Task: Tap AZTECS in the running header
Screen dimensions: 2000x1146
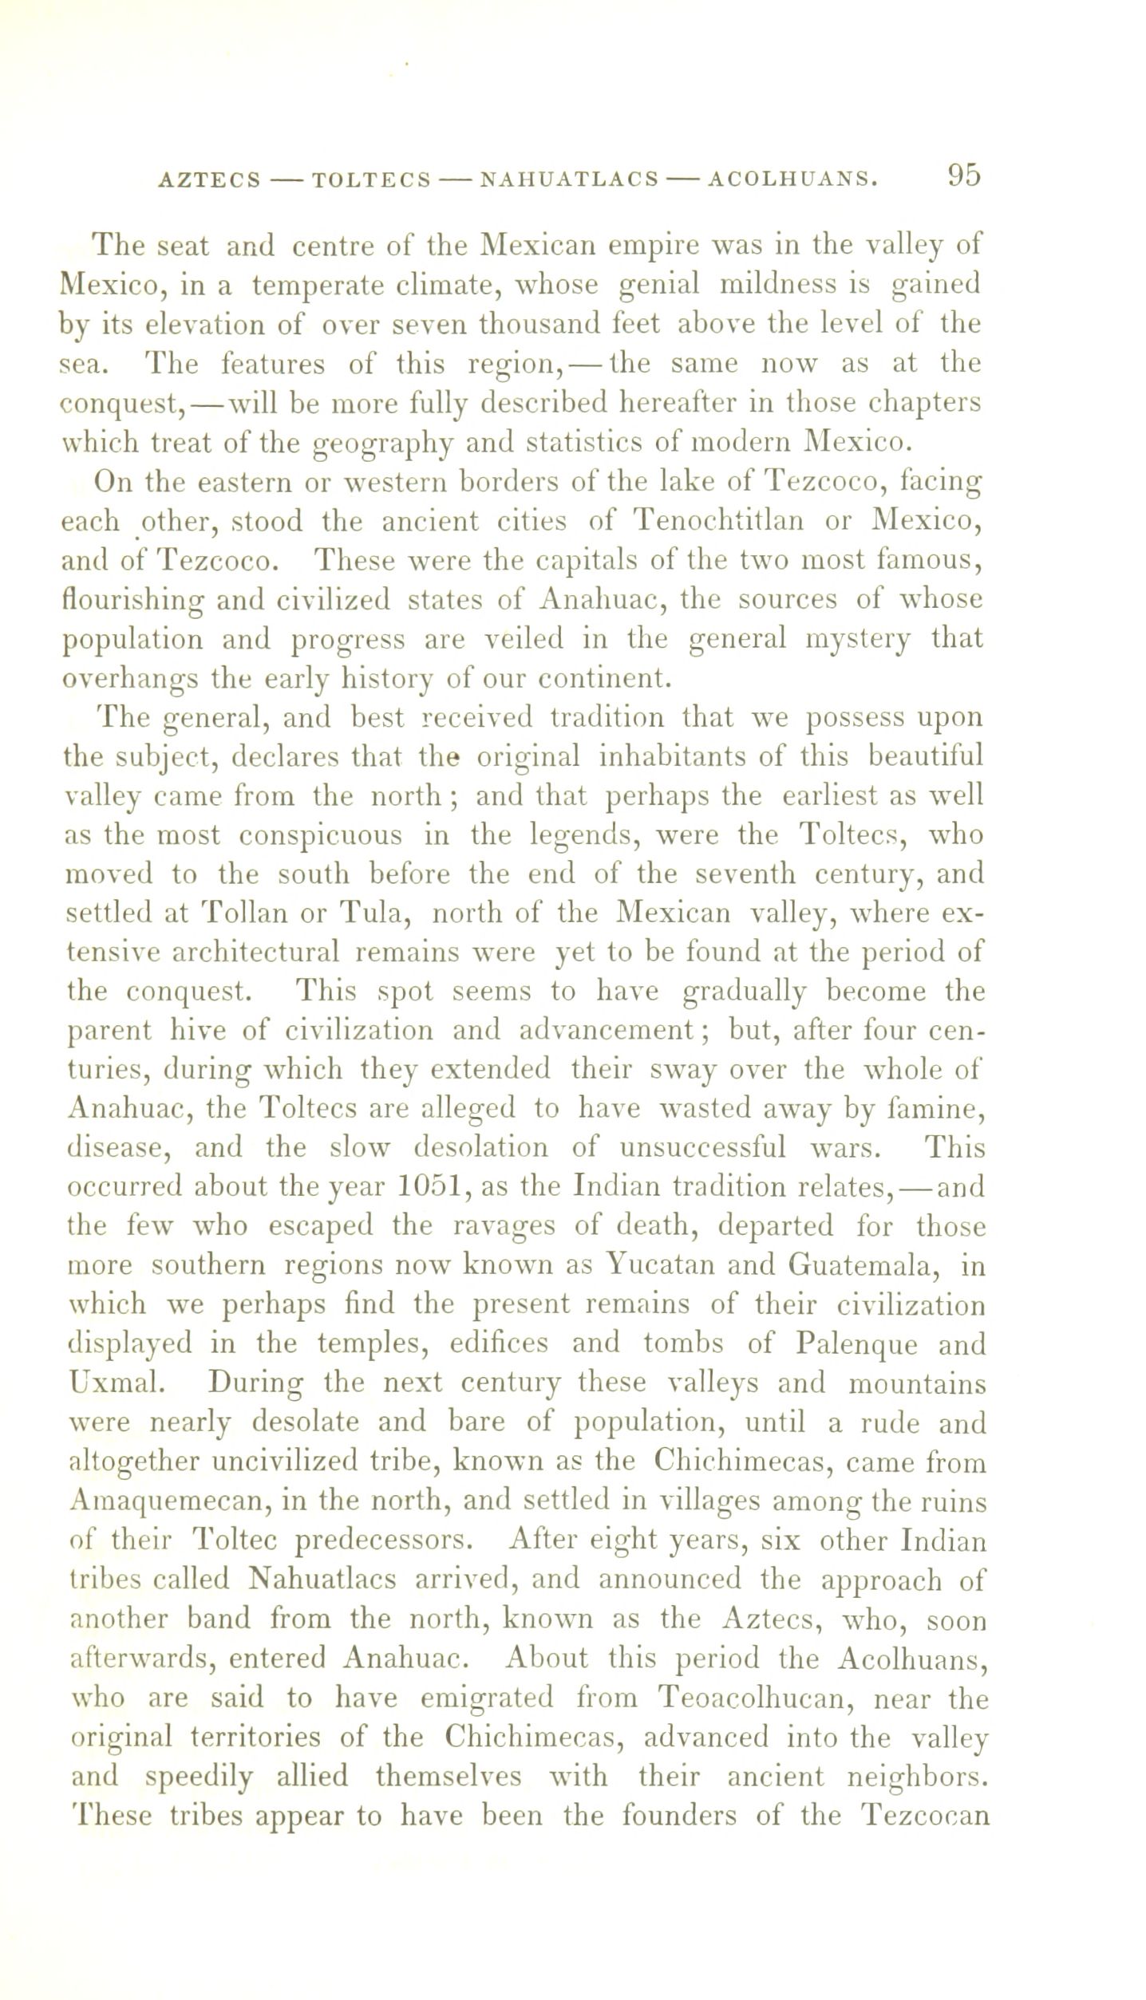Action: pyautogui.click(x=210, y=180)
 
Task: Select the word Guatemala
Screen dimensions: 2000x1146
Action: pyautogui.click(x=863, y=1265)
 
